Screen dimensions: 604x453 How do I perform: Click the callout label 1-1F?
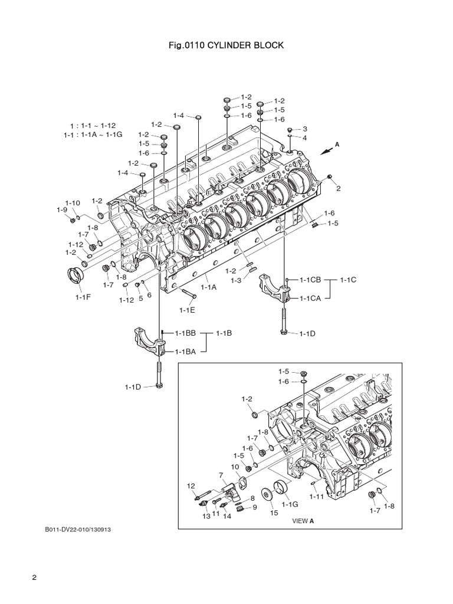pos(83,297)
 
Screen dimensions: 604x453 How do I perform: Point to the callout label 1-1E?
pos(187,308)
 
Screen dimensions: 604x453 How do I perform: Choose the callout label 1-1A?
pos(209,287)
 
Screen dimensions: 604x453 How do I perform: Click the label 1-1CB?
pos(310,280)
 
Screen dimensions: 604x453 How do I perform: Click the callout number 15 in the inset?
pos(274,513)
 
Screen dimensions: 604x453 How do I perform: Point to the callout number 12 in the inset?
pos(191,485)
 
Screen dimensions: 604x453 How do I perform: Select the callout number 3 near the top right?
pos(305,129)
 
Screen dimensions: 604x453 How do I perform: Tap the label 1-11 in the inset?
pos(317,497)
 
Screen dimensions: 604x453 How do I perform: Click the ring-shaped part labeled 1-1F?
pos(74,275)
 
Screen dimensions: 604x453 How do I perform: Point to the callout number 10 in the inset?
pos(234,467)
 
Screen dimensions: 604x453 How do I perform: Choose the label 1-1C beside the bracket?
pos(349,280)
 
